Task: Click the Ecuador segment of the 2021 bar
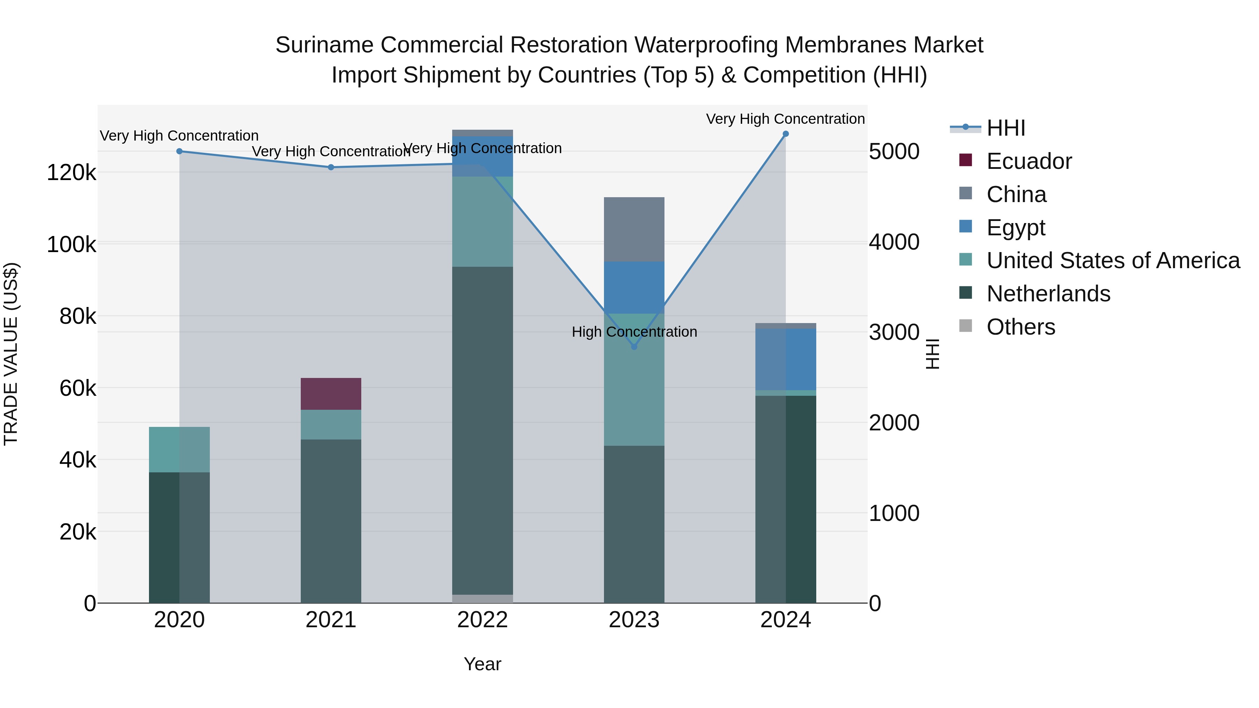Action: click(x=330, y=394)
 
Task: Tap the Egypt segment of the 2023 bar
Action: click(x=634, y=287)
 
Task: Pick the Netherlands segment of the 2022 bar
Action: click(x=482, y=430)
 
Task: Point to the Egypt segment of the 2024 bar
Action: click(x=785, y=359)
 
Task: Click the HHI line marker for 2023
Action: click(x=634, y=347)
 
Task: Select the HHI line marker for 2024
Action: click(x=785, y=134)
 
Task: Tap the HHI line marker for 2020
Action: click(x=179, y=151)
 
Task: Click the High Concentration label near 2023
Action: click(x=634, y=332)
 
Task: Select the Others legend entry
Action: click(x=1020, y=327)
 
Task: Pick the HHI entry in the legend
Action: click(x=1005, y=128)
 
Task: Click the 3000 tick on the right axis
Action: click(x=894, y=332)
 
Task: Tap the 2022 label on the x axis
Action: click(x=482, y=620)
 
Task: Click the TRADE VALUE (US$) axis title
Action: click(x=11, y=354)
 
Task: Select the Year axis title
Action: click(x=482, y=664)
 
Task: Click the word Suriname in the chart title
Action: click(x=324, y=45)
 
